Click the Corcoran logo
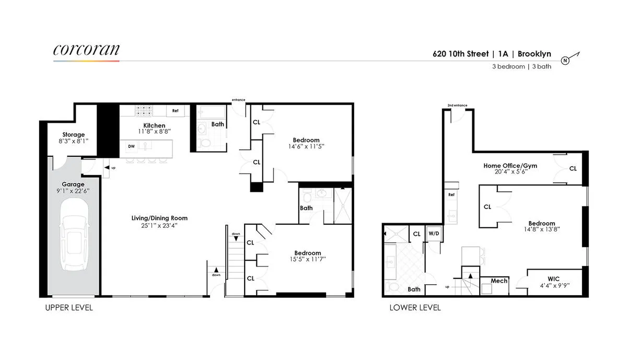86,50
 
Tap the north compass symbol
565,60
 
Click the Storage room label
73,135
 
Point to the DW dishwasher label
131,147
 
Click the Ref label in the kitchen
176,111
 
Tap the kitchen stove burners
144,111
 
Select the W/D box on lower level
434,234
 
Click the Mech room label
499,281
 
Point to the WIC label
554,279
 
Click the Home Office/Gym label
510,166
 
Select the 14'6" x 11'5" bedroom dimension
306,147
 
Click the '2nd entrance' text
457,106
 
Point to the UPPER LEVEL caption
68,308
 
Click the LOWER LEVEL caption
415,308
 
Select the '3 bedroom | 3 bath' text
521,67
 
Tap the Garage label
73,184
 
